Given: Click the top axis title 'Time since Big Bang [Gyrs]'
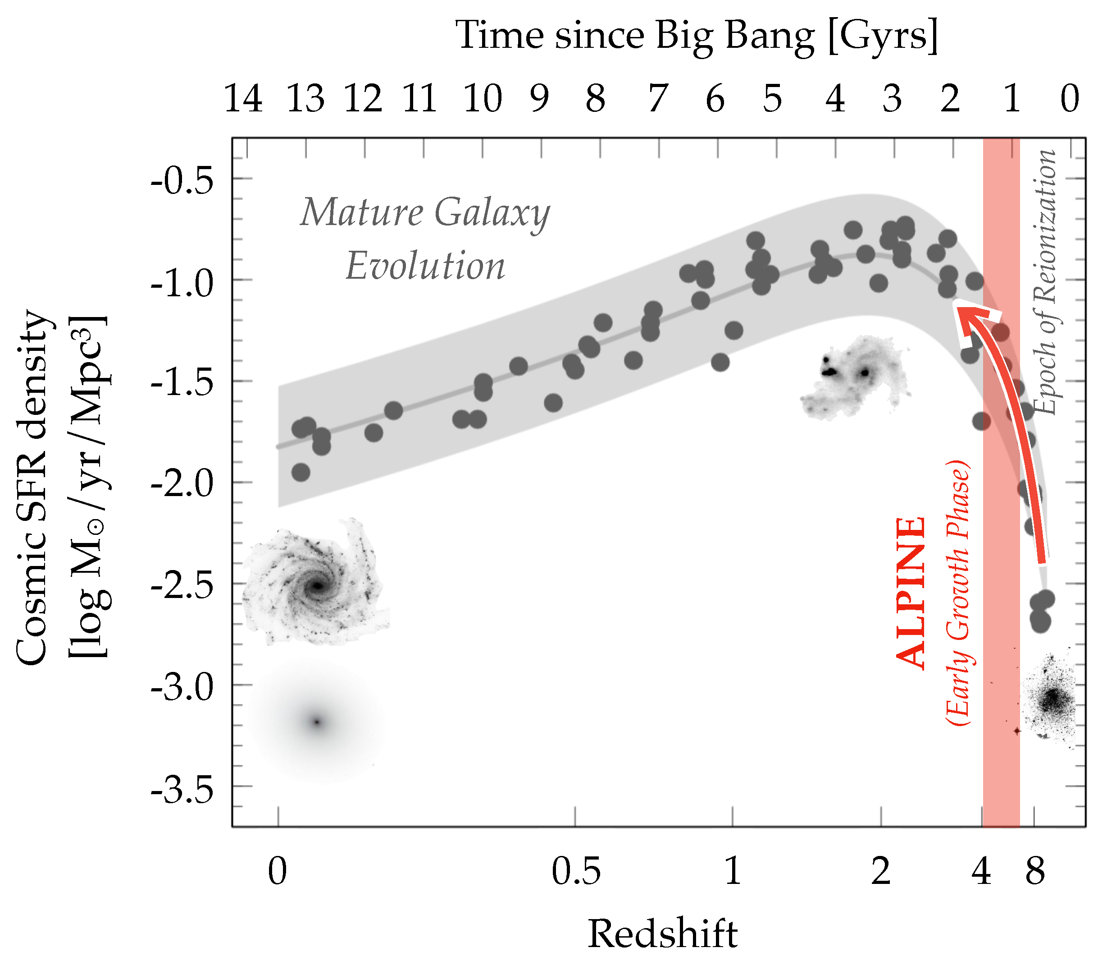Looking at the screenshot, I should pos(696,37).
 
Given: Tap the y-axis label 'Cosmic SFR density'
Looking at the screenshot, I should pos(32,487).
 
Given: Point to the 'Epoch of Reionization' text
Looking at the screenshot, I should pos(1045,282).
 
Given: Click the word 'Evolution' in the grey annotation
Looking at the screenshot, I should pos(425,266).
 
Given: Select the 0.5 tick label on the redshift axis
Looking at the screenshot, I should pos(576,871).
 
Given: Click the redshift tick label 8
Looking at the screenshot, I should pos(1034,871).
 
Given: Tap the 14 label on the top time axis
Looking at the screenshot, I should pos(243,100).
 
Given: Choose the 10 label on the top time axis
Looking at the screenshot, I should pos(483,100).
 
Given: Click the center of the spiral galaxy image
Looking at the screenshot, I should pos(318,585).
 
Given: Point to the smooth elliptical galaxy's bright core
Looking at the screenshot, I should pos(317,722).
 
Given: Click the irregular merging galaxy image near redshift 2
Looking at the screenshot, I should pos(854,376).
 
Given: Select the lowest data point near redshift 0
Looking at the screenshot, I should pos(301,473).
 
